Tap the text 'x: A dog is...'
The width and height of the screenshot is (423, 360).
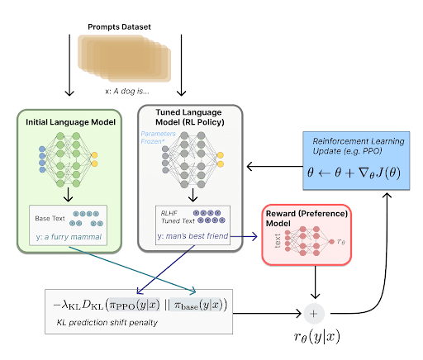[132, 91]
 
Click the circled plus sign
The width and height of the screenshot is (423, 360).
[313, 314]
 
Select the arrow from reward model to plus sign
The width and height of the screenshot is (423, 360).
[313, 285]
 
